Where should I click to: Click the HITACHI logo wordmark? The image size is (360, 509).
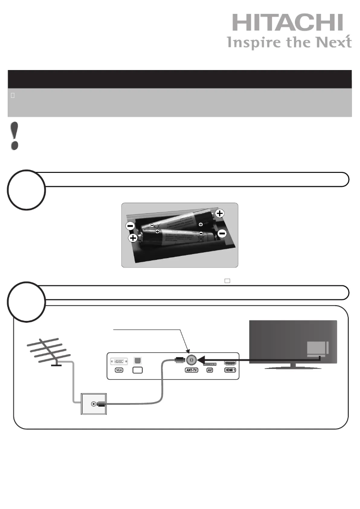tap(287, 23)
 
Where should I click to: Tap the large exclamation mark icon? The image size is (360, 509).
tap(15, 136)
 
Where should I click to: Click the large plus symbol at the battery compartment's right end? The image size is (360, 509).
tap(220, 214)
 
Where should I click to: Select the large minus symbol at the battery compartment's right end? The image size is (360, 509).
tap(222, 233)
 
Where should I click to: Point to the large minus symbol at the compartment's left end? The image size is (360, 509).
tap(129, 225)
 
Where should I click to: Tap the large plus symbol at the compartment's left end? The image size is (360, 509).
tap(133, 237)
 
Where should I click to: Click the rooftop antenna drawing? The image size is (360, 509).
tap(48, 352)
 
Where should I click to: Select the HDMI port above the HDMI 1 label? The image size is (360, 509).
tap(229, 361)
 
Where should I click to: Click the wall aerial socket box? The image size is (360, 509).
tap(93, 404)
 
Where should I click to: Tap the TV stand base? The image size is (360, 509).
tap(294, 367)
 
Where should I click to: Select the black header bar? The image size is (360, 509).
tap(180, 79)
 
